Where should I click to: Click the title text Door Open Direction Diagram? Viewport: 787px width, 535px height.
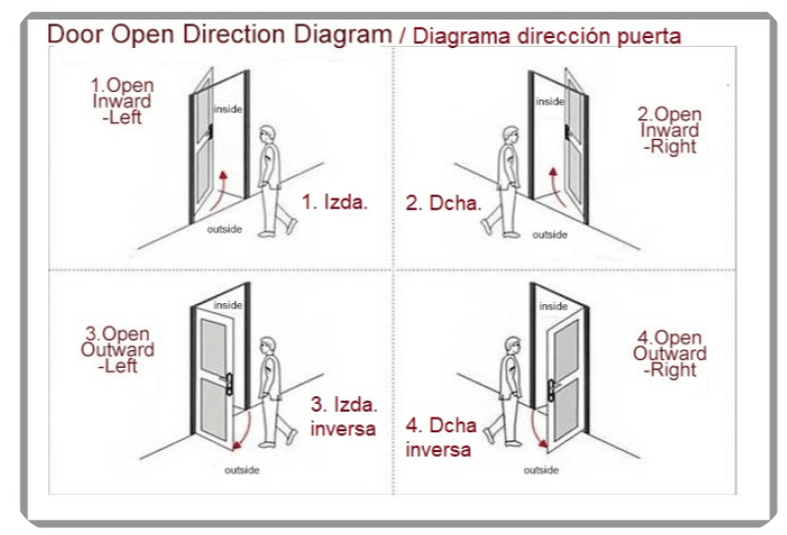coord(219,34)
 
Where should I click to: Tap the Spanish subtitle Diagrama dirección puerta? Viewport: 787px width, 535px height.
coord(546,36)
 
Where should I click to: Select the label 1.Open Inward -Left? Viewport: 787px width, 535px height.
coord(122,102)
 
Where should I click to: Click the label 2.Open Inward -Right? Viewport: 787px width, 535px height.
coord(670,130)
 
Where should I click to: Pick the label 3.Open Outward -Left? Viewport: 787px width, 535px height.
coord(117,350)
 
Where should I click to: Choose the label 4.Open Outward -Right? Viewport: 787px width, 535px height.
coord(670,354)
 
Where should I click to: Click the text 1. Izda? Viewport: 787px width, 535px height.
coord(335,202)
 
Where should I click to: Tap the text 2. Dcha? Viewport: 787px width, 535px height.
coord(443,203)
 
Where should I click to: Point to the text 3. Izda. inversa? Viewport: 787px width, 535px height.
coord(344,417)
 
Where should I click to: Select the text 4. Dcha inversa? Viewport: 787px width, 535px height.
coord(441,437)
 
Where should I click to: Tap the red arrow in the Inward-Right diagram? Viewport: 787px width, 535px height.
coord(557,187)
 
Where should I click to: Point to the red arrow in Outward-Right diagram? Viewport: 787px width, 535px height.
coord(535,428)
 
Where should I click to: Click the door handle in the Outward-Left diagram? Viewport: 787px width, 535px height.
coord(228,384)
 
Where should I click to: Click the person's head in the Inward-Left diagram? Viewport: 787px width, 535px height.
coord(267,135)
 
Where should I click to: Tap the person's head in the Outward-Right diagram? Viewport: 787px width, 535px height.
coord(512,346)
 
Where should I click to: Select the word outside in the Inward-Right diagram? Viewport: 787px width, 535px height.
coord(549,235)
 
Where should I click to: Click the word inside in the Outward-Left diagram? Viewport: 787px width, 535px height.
coord(228,305)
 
